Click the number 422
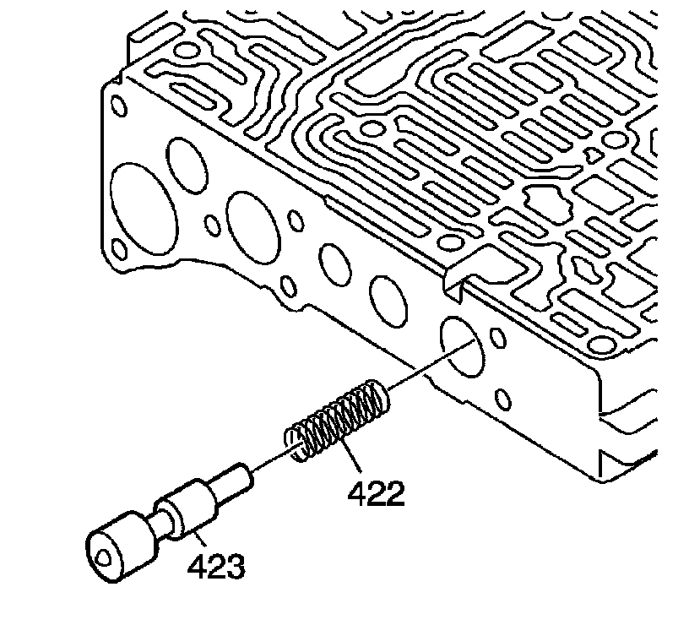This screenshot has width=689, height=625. click(375, 492)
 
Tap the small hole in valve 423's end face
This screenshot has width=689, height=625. click(103, 558)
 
